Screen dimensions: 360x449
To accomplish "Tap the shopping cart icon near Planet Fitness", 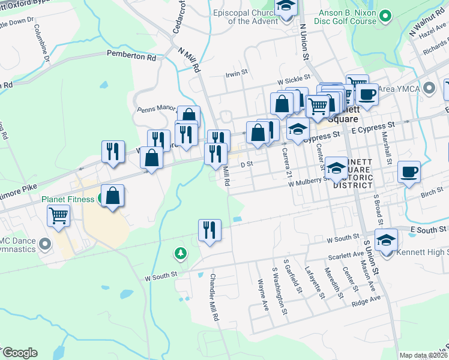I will pos(59,215).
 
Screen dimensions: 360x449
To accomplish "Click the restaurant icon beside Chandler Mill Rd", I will pos(209,230).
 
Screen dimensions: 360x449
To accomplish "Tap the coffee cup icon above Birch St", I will pos(409,172).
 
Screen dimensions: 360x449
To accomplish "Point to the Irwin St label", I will pos(236,73).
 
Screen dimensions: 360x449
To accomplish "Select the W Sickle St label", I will pos(293,78).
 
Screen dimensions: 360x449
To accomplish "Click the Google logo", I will pos(20,353).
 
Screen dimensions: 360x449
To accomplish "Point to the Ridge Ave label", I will pos(366,299).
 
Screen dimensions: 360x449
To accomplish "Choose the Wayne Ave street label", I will pos(262,294).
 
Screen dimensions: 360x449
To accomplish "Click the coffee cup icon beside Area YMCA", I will pos(367,94).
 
